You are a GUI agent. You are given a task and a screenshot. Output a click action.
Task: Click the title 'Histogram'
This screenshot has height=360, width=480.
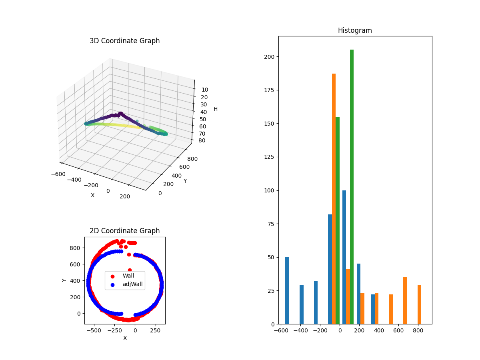click(355, 30)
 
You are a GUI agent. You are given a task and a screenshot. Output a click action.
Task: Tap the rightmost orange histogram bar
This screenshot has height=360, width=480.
click(419, 304)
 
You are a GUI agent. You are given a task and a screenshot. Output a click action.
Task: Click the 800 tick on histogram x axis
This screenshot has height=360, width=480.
click(418, 331)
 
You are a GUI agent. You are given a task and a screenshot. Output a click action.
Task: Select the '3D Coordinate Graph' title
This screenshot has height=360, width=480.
click(124, 41)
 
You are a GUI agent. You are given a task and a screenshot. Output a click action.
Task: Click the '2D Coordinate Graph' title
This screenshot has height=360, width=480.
click(124, 231)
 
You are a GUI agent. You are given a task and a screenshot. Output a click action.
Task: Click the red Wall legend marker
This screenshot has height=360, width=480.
click(112, 276)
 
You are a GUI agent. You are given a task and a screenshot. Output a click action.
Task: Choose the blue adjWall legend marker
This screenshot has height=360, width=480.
click(112, 285)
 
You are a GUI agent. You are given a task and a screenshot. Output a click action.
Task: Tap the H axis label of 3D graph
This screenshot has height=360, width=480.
click(216, 109)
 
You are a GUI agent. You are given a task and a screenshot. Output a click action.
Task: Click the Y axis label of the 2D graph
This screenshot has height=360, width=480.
click(64, 280)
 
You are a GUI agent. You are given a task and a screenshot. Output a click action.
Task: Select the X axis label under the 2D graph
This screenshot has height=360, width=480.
click(125, 338)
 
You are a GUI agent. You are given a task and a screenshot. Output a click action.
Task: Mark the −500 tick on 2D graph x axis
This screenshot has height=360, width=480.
click(94, 331)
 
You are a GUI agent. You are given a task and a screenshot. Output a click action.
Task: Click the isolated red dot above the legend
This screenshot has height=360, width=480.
click(130, 270)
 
